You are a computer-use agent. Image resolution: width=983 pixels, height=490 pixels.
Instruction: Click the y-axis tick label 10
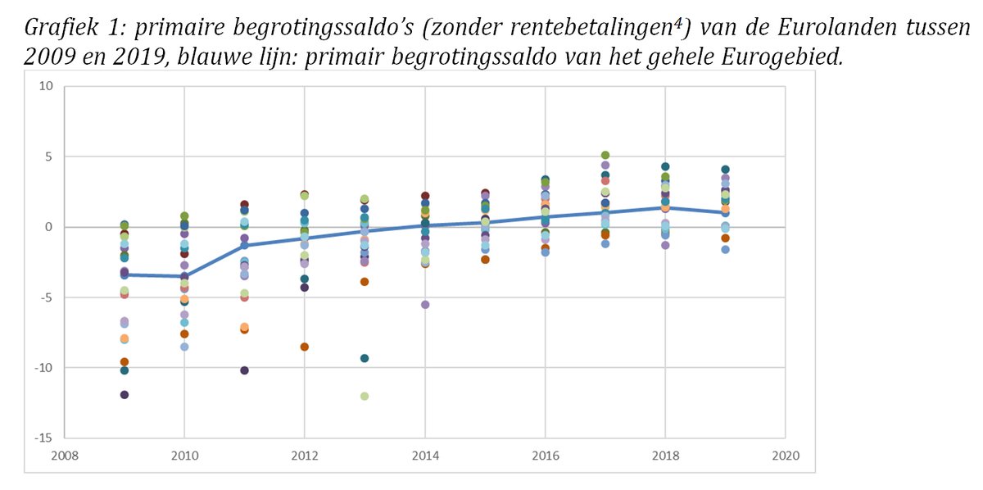[48, 87]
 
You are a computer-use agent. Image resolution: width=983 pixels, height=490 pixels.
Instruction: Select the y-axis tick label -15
[44, 438]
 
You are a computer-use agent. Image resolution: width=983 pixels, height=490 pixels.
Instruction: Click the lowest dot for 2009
[125, 395]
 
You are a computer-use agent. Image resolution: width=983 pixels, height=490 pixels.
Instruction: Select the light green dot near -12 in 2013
[365, 397]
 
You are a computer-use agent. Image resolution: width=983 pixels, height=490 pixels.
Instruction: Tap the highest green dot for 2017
[605, 155]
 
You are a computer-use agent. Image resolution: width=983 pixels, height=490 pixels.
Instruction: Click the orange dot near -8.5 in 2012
[305, 347]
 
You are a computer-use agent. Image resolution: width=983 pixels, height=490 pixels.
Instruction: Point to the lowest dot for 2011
[244, 370]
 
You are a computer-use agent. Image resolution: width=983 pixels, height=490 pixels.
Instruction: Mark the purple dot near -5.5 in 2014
[425, 304]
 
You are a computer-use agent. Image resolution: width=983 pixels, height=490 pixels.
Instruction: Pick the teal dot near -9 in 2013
[365, 358]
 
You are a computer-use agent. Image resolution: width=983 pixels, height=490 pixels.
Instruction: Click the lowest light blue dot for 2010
[184, 347]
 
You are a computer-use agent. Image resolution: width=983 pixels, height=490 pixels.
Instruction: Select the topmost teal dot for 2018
[665, 167]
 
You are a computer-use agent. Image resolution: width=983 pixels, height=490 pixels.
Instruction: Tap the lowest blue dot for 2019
[725, 249]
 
